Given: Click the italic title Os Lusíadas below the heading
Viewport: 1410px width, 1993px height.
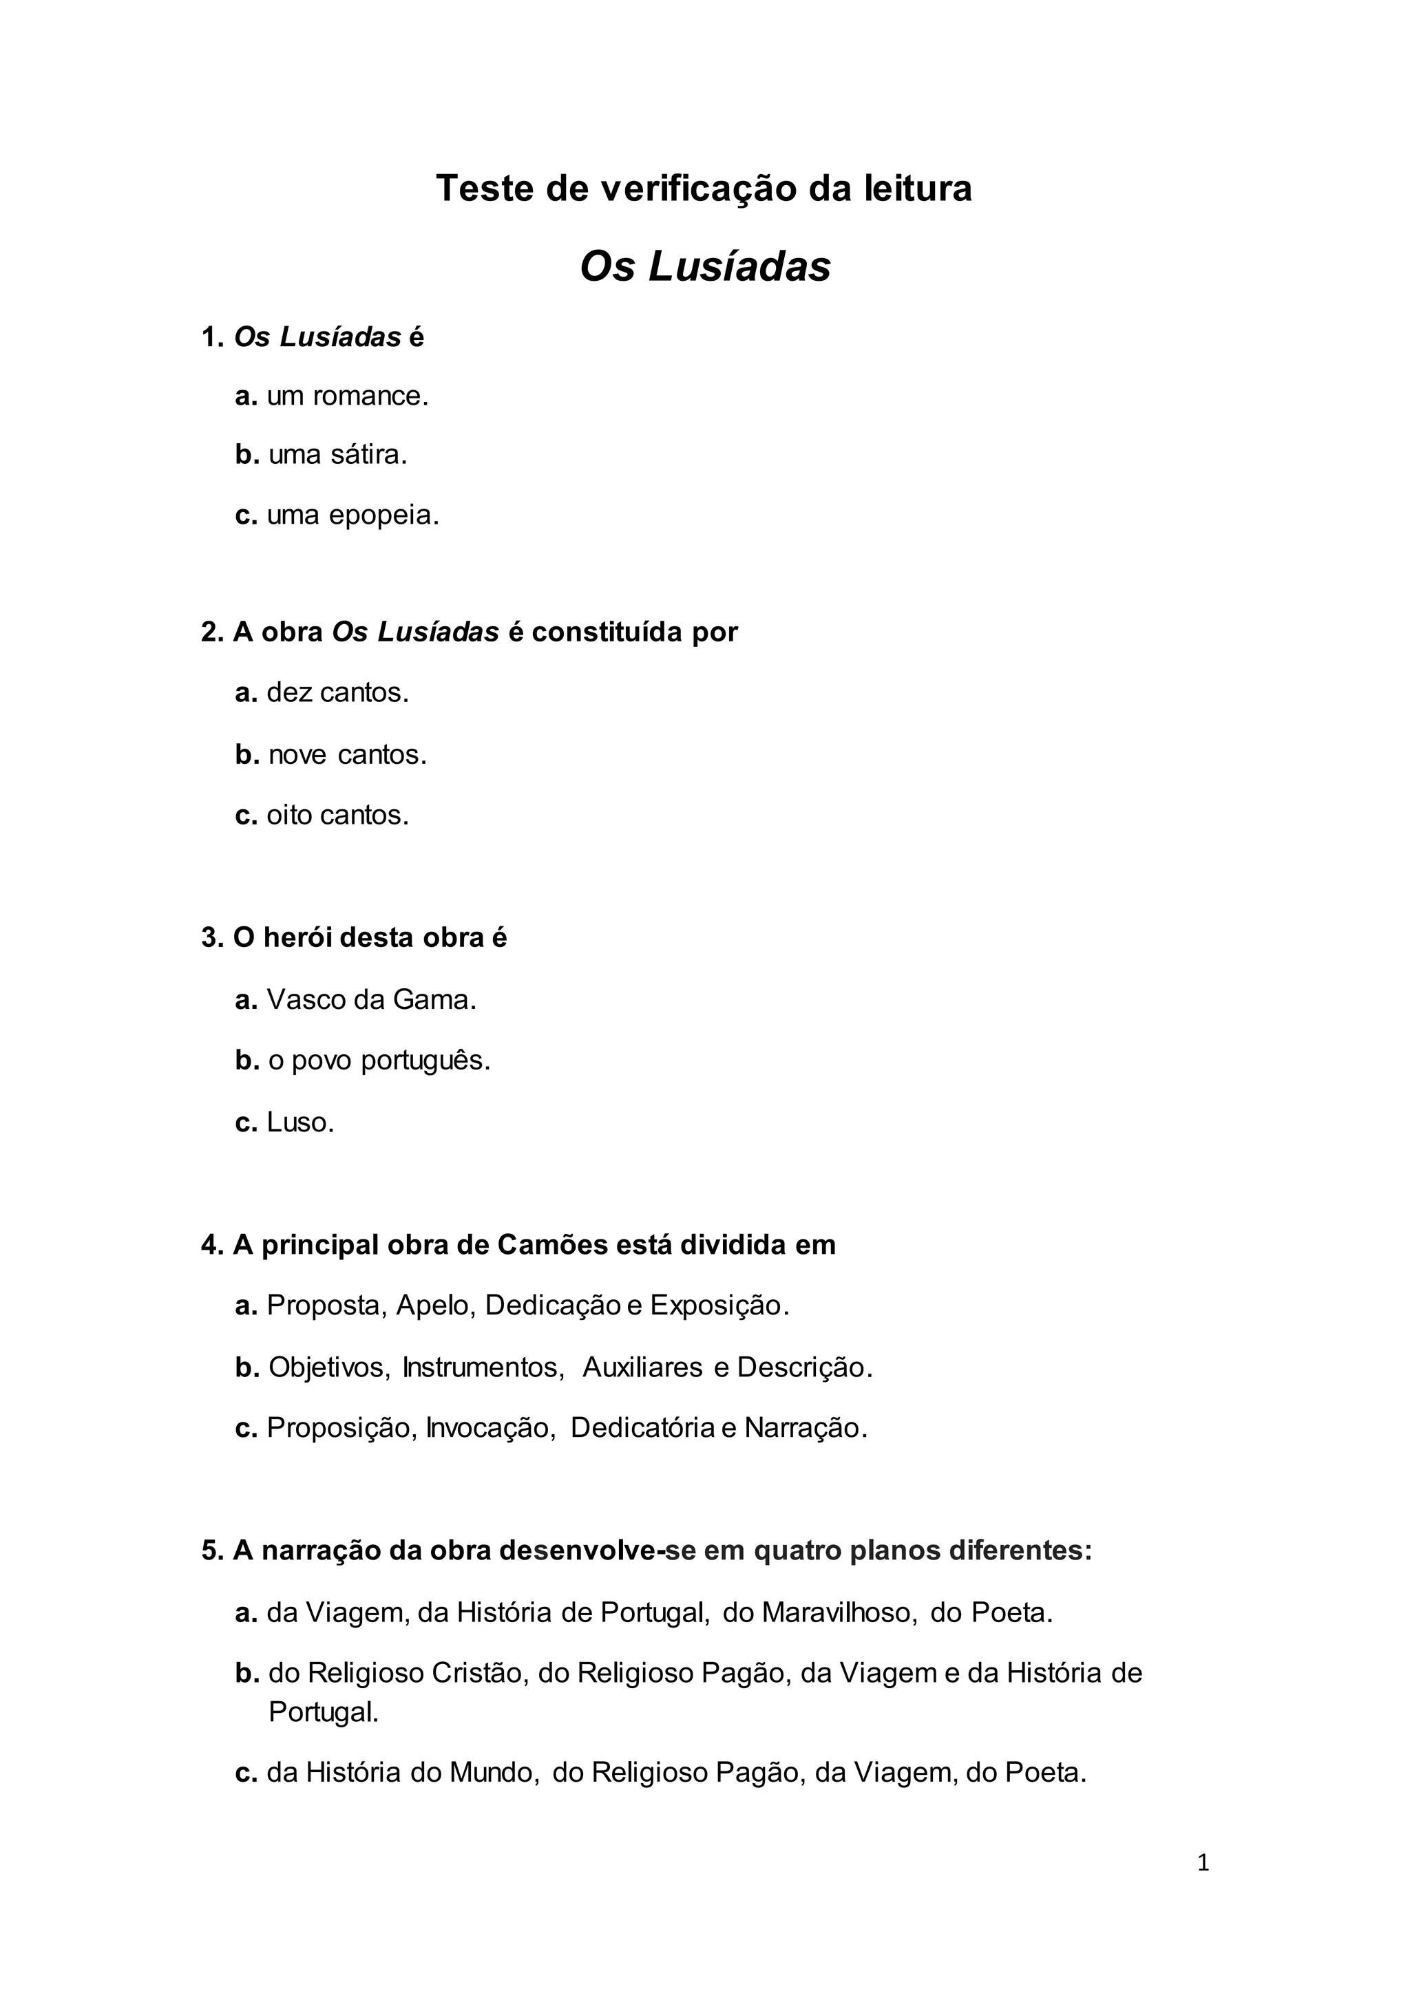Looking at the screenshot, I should (704, 266).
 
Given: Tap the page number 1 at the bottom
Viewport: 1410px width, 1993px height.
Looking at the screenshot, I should (1203, 1863).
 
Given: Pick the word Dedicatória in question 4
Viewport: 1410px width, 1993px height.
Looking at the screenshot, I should (642, 1428).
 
